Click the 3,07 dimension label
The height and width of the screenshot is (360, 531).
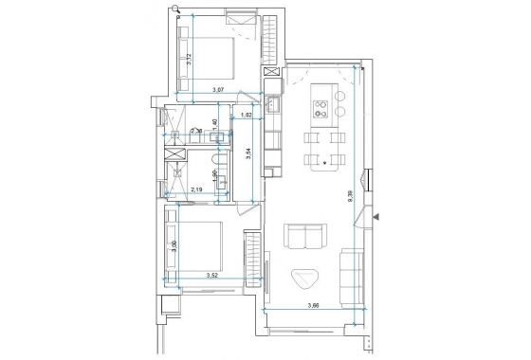pyautogui.click(x=217, y=89)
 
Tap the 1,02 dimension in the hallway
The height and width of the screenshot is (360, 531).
pyautogui.click(x=246, y=115)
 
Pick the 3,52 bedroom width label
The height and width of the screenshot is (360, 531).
pyautogui.click(x=214, y=276)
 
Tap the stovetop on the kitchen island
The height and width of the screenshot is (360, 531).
pyautogui.click(x=339, y=110)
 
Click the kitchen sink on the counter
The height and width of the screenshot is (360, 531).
pyautogui.click(x=271, y=104)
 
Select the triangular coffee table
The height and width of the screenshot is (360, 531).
pyautogui.click(x=306, y=278)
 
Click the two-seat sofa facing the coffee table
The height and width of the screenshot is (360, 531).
pyautogui.click(x=303, y=236)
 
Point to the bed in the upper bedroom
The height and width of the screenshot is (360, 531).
pyautogui.click(x=211, y=56)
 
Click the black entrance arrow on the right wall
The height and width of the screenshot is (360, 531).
pyautogui.click(x=375, y=218)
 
